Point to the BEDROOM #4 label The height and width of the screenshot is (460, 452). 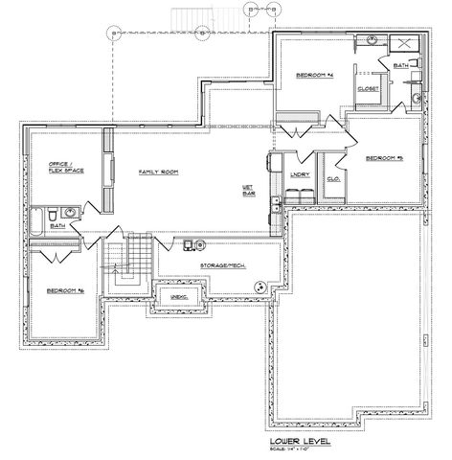point(313,75)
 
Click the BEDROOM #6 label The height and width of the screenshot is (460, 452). point(63,289)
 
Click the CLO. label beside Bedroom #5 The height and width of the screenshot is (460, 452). point(334,179)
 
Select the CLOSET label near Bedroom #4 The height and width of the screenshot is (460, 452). point(368,88)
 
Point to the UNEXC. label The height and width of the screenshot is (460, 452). point(176,298)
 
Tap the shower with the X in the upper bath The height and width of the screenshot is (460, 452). point(407,44)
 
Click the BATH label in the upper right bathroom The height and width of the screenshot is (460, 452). point(401,64)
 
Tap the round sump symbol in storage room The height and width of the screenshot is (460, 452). point(260,286)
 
